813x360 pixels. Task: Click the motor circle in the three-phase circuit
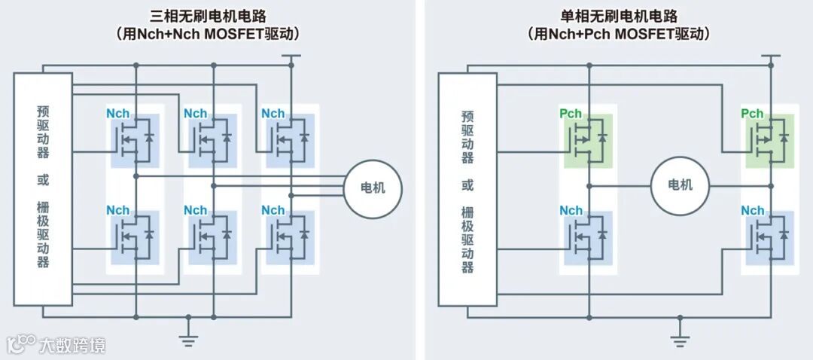pyautogui.click(x=373, y=188)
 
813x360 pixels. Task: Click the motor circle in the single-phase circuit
pyautogui.click(x=680, y=185)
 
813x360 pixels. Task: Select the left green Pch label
pyautogui.click(x=571, y=114)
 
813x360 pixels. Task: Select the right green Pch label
pyautogui.click(x=752, y=114)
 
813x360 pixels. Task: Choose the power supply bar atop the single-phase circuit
pyautogui.click(x=770, y=56)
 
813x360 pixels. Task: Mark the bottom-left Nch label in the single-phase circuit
pyautogui.click(x=571, y=210)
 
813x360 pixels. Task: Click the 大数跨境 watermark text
pyautogui.click(x=72, y=345)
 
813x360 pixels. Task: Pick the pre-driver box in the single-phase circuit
pyautogui.click(x=467, y=189)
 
